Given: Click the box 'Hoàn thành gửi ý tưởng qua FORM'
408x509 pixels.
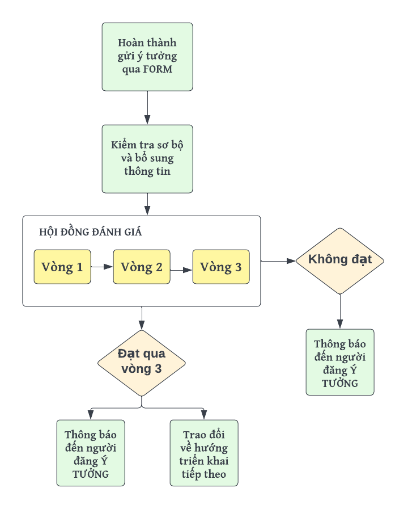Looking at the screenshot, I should (147, 56).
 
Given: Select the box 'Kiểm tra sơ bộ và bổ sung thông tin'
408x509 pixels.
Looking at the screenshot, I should (147, 158).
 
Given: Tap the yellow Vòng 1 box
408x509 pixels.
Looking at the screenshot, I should (62, 267).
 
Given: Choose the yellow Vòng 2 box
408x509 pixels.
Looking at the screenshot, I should (142, 267).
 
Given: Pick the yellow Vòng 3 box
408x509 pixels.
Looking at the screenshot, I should (221, 267).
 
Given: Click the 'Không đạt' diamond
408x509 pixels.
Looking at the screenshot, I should (340, 260).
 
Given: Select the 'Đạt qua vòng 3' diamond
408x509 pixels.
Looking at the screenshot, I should (142, 362).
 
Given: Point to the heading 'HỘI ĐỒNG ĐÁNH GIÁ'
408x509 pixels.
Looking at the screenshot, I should (91, 232).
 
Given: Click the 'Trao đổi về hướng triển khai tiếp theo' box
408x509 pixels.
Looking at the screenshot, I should (204, 452).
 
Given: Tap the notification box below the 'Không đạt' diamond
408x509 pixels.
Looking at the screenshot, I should (340, 361).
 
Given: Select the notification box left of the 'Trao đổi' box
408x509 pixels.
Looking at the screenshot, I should (91, 452).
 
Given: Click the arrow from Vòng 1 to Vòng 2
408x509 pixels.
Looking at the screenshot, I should (102, 266).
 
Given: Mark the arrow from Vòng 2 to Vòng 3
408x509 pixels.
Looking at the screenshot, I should (181, 270).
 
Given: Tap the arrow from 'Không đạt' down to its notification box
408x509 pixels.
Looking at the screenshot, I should (340, 312).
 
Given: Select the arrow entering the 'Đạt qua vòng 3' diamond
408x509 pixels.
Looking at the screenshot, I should (142, 318).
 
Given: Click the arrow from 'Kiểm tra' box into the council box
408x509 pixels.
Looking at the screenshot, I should (147, 204).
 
